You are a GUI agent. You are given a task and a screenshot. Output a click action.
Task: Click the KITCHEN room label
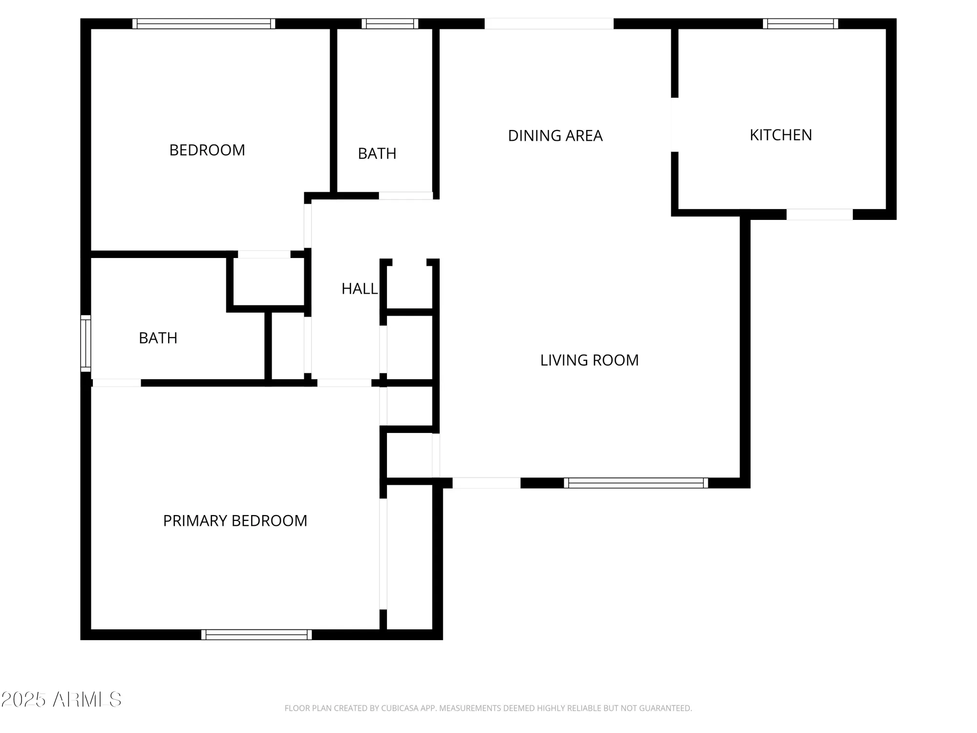(x=781, y=135)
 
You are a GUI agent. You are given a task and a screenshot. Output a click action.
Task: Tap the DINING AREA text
(x=555, y=136)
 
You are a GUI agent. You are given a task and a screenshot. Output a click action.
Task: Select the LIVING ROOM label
(x=589, y=360)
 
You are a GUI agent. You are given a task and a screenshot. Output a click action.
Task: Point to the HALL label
(x=359, y=289)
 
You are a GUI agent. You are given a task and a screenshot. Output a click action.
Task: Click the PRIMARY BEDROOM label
(x=235, y=521)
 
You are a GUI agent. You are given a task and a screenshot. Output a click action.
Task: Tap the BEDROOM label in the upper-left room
(x=207, y=150)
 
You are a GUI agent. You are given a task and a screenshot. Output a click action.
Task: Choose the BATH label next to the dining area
(x=377, y=153)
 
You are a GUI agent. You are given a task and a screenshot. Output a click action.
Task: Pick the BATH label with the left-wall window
(x=158, y=338)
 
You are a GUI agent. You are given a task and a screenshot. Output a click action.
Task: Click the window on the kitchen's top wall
(x=800, y=23)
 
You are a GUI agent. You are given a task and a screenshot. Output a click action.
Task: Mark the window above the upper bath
(x=390, y=23)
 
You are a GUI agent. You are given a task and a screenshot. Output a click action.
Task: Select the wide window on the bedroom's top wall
(x=204, y=23)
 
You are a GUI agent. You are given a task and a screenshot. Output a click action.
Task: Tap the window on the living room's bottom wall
(x=636, y=483)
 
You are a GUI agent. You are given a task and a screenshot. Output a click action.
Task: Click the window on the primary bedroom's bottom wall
(x=256, y=634)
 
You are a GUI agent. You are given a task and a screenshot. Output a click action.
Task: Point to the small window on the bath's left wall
(x=85, y=343)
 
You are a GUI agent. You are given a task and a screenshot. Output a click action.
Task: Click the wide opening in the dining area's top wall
(x=549, y=23)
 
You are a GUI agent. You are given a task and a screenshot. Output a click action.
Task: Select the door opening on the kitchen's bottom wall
(x=819, y=214)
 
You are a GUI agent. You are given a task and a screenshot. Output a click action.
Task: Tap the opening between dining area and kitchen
(x=675, y=125)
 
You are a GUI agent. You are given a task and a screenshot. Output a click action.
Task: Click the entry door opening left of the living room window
(x=486, y=483)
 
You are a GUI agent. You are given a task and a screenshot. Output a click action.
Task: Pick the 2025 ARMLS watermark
(x=61, y=700)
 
